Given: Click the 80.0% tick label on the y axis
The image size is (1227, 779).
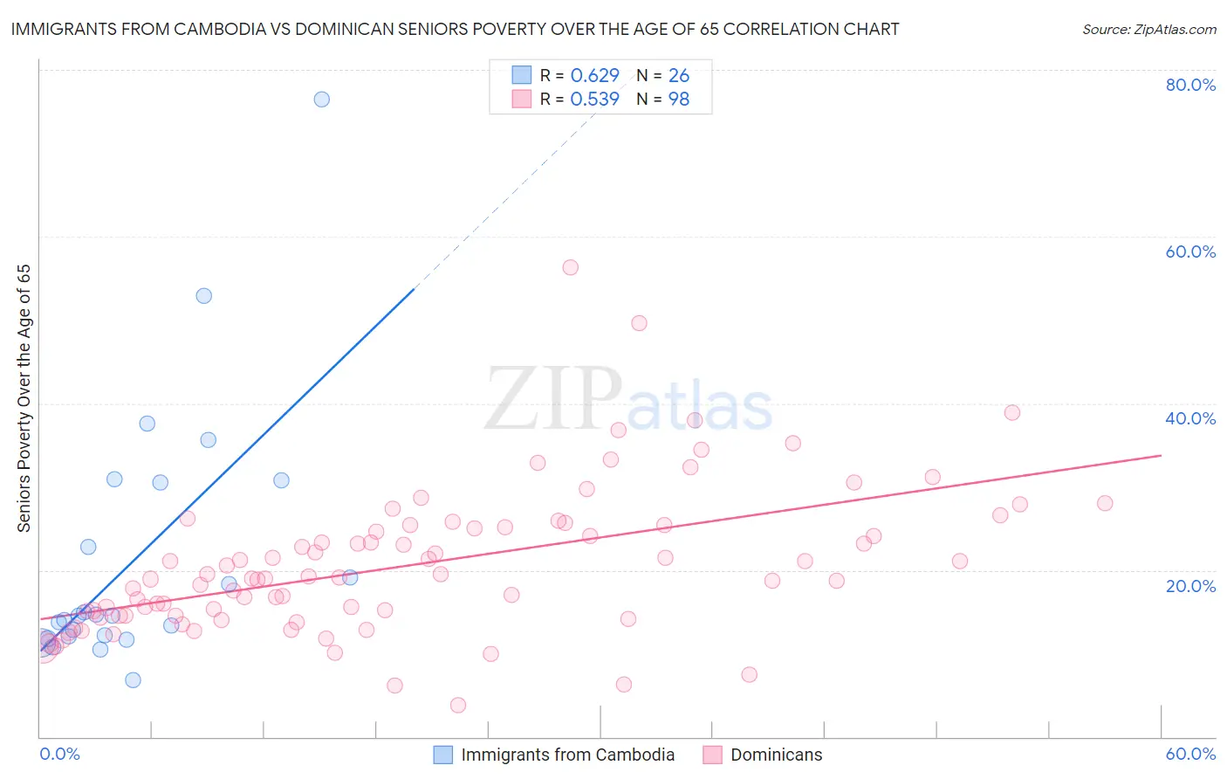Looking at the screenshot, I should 1190,85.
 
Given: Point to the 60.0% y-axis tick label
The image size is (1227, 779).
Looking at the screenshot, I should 1190,252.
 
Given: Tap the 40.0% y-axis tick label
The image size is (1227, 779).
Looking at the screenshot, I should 1190,418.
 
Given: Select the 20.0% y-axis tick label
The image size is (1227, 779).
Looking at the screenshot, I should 1190,586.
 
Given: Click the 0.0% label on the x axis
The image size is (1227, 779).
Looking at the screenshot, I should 59,754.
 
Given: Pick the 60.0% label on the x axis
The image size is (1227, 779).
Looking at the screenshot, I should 1190,754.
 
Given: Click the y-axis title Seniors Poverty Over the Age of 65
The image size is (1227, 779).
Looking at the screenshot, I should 24,397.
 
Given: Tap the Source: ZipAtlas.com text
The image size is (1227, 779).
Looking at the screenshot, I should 1148,30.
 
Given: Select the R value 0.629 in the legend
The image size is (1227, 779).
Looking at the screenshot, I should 594,76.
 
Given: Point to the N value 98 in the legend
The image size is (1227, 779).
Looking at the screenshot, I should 679,100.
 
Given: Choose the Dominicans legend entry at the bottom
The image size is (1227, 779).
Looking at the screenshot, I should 776,755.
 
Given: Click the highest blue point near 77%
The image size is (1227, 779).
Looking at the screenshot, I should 322,100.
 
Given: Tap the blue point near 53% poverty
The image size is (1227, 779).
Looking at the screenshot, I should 204,296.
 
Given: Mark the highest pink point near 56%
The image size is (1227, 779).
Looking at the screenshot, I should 571,267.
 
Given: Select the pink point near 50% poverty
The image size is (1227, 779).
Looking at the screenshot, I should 639,323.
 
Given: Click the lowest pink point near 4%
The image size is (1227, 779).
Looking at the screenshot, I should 458,705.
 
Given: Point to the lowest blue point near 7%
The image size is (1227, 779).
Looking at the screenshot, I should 133,680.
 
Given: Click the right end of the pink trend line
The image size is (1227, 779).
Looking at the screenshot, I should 1161,455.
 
